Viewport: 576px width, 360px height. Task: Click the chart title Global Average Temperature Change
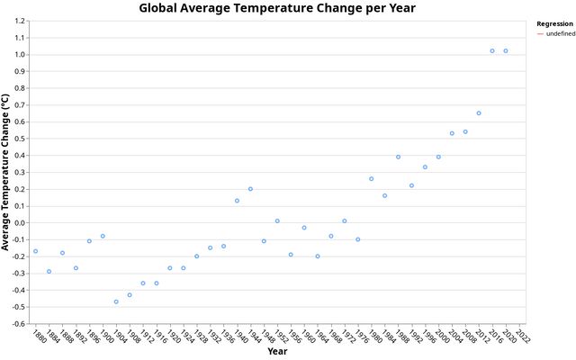pos(277,8)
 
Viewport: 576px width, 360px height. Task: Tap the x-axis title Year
pos(277,351)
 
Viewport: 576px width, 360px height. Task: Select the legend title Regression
pos(549,23)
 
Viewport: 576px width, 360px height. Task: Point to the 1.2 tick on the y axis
pos(19,21)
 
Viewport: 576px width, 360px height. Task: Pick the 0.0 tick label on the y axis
pos(19,223)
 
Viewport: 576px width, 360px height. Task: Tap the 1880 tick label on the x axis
pos(38,337)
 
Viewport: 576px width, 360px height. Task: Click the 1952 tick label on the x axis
pos(280,337)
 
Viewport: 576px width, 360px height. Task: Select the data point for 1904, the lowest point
pos(116,301)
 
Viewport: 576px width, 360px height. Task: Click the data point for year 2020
pos(506,51)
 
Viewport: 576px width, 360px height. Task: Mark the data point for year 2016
pos(492,51)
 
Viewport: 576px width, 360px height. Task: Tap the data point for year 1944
pos(250,189)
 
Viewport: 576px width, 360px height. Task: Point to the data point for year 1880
pos(35,251)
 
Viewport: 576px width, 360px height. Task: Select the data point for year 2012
pos(479,113)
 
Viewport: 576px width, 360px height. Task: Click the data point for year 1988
pos(398,157)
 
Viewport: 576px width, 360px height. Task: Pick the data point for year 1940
pos(237,201)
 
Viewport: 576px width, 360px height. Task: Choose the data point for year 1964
pos(318,256)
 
